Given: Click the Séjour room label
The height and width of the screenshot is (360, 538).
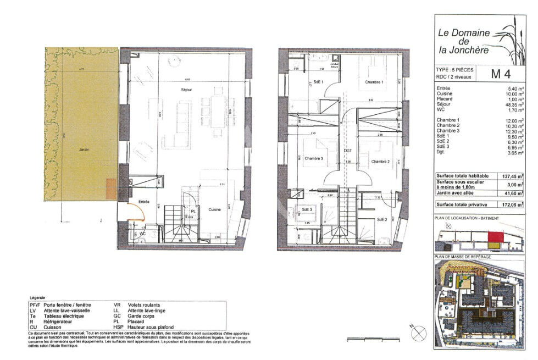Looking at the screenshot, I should coord(187,89).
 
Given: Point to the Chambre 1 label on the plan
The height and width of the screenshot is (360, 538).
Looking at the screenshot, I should coord(374,82).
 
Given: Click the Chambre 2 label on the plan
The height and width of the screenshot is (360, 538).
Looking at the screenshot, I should coord(380,162).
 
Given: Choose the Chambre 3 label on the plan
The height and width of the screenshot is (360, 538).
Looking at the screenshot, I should coord(314,158).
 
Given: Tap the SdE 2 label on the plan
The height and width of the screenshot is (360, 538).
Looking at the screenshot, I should coord(383,220).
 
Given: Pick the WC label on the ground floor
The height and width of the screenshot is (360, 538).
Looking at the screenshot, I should coord(142,234).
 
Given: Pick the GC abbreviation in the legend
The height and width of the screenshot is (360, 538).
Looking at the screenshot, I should coord(117,316).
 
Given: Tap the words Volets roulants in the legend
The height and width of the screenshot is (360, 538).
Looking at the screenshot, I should coord(143,304).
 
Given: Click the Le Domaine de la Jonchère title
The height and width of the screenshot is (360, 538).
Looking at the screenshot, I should coord(464,41).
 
